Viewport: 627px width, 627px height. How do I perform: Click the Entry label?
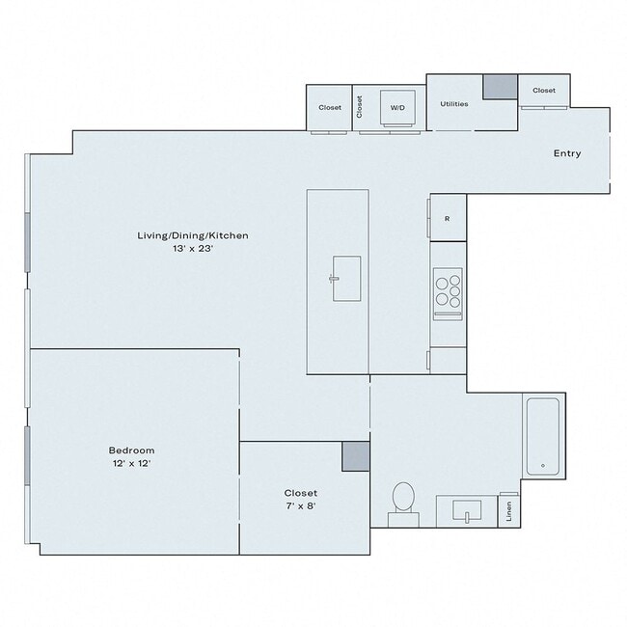(x=566, y=153)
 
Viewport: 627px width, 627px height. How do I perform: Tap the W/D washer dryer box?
(x=397, y=108)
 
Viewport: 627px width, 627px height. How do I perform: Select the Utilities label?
(x=453, y=104)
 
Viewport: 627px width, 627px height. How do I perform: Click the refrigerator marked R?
(x=447, y=218)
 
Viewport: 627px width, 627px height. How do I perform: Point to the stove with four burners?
(x=448, y=291)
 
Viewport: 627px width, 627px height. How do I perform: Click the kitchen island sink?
(x=346, y=279)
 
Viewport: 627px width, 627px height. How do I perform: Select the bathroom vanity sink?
(x=467, y=510)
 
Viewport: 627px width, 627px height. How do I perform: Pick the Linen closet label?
(x=509, y=511)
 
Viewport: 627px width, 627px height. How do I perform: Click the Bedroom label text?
(x=131, y=450)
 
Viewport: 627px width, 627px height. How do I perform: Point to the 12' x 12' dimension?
(x=131, y=464)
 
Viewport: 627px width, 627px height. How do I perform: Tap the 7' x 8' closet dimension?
(x=300, y=505)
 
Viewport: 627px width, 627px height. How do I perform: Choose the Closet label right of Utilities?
(x=544, y=91)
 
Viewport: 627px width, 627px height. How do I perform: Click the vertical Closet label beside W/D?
(x=359, y=107)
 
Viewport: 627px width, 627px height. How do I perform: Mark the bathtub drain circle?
(x=543, y=466)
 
